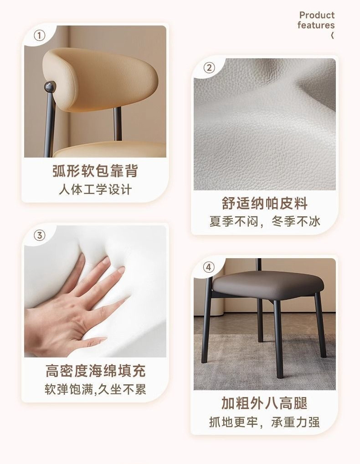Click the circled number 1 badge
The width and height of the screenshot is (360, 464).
tap(39, 36)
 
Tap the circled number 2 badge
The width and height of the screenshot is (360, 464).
tap(209, 68)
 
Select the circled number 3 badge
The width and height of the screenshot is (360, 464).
tap(39, 235)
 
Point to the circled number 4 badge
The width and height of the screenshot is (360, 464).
tap(209, 267)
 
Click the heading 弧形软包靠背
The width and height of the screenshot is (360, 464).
tap(95, 171)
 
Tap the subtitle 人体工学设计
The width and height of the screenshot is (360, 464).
tap(95, 190)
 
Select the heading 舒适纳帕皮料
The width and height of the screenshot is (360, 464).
tap(265, 203)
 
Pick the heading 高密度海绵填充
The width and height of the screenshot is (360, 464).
tap(95, 371)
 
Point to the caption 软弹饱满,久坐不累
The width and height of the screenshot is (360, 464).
tap(95, 389)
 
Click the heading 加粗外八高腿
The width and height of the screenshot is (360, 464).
tap(265, 403)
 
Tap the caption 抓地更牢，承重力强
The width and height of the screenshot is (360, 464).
tap(265, 422)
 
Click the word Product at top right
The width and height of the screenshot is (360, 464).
tap(317, 15)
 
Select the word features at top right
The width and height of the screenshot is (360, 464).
tap(316, 25)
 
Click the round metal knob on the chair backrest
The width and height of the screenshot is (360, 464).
tap(50, 86)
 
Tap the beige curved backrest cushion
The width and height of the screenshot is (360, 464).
tap(96, 80)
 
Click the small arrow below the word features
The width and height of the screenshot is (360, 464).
tap(333, 36)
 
